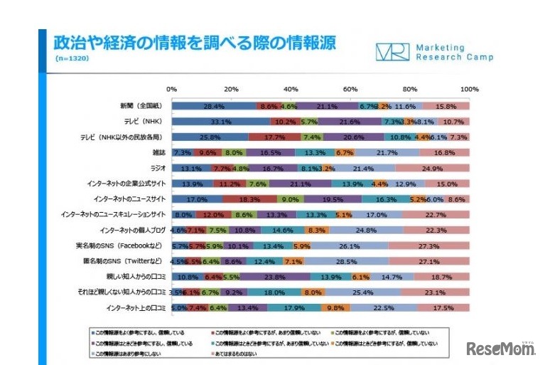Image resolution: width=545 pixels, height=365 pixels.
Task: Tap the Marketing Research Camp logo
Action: pos(433,53)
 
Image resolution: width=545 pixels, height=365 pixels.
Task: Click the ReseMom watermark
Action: pos(500,349)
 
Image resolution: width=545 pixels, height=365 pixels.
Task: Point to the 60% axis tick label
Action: pos(350,90)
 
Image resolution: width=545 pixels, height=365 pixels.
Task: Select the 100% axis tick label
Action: pos(468,90)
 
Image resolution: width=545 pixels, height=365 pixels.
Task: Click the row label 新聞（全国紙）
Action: pos(143,106)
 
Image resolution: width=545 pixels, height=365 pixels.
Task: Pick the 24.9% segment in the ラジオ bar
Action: pos(432,168)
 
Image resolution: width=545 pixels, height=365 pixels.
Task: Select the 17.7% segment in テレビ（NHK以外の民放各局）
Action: pos(274,137)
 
